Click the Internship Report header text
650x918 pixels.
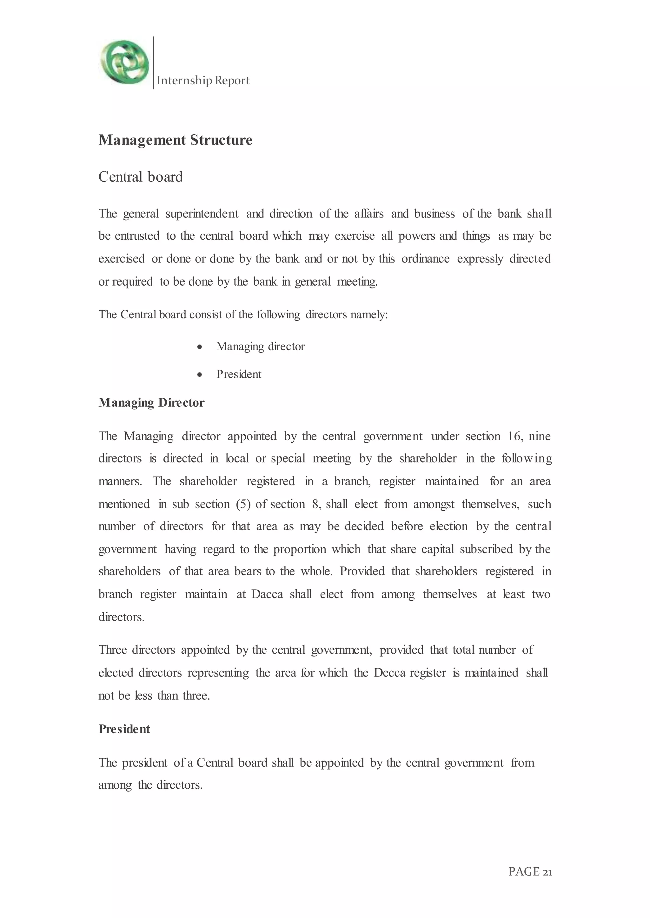[203, 81]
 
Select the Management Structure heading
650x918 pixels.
[175, 140]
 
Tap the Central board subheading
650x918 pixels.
[141, 177]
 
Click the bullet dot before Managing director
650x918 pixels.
[200, 347]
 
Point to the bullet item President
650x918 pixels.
[239, 374]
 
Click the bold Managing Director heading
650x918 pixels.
[151, 403]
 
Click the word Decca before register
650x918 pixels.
[390, 673]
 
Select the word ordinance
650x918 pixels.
[426, 259]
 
